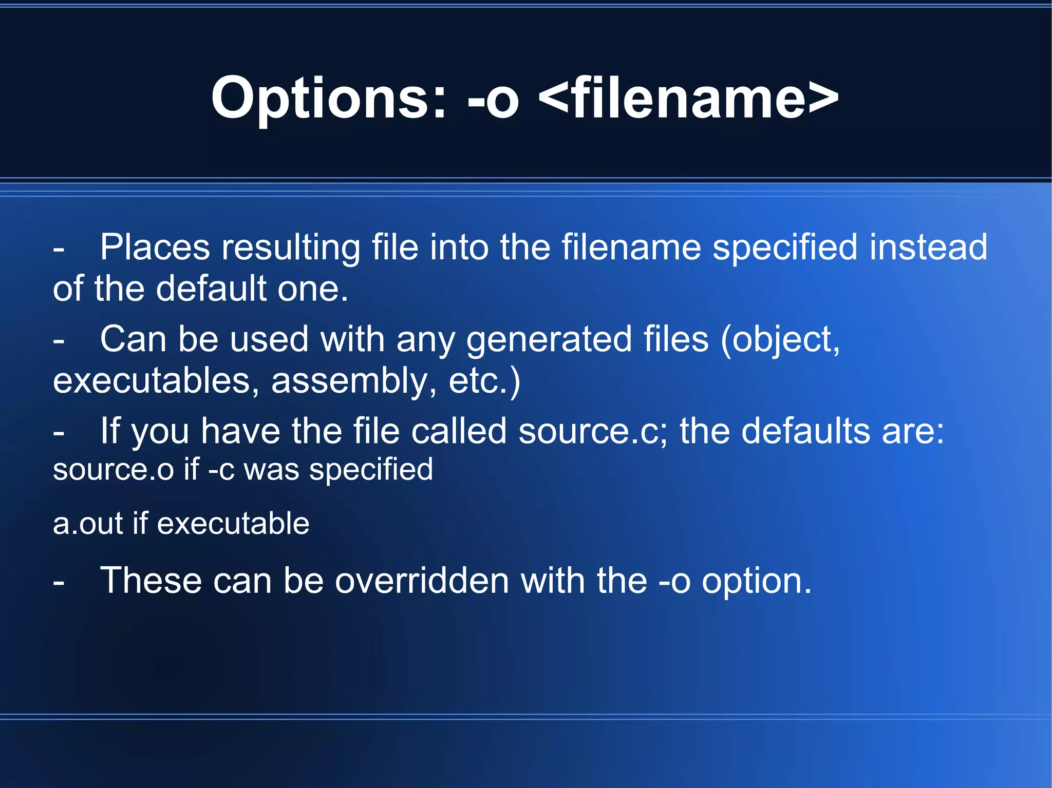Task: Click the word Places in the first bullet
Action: pos(155,247)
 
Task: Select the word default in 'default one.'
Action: pos(211,289)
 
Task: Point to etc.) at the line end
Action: pos(484,381)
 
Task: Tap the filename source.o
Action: pos(114,470)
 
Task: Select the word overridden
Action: pos(422,581)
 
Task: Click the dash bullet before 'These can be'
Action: pos(59,582)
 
